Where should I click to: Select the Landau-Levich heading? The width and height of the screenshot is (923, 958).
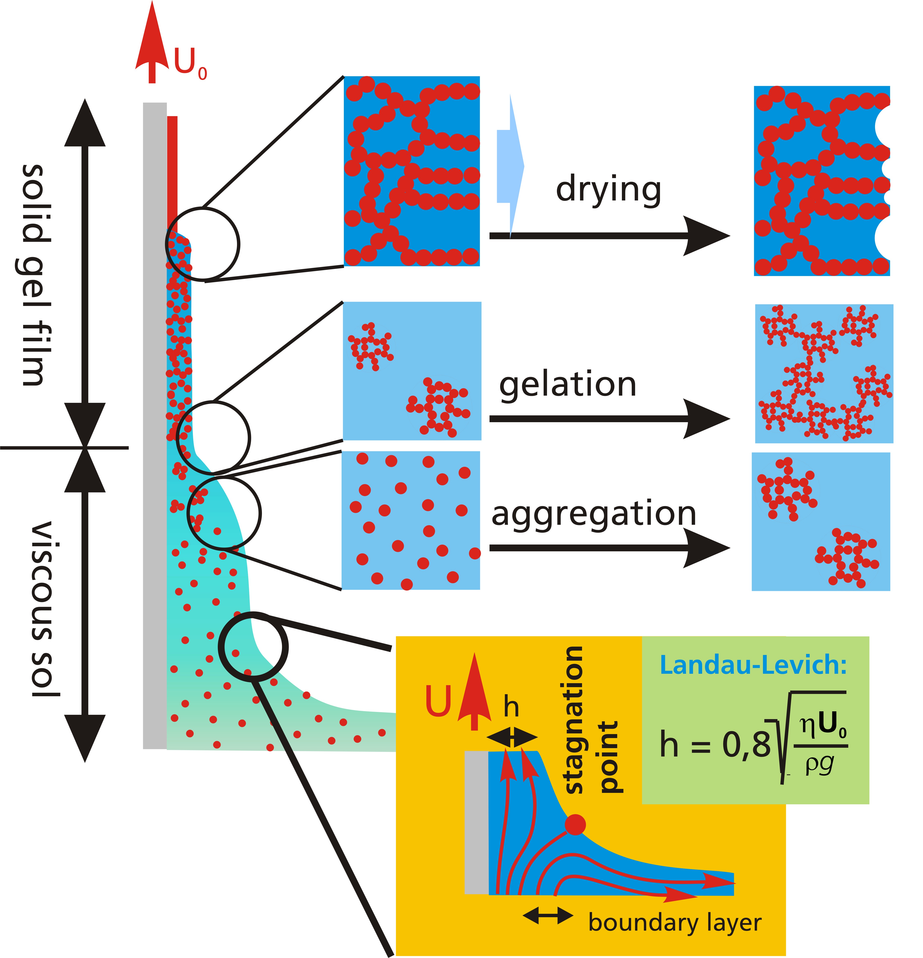[753, 665]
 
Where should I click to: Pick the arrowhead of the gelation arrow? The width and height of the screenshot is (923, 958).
[706, 419]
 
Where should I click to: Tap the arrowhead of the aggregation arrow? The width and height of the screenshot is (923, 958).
[706, 548]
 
